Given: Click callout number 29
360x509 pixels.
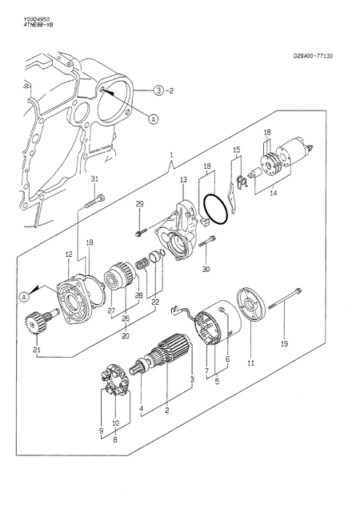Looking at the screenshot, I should tap(139, 205).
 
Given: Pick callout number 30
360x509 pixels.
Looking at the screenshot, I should tap(206, 270).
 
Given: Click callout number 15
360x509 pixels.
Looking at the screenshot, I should tap(236, 150).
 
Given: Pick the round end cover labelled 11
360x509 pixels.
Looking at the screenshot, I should tap(249, 306).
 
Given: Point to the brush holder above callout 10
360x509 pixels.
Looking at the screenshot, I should tap(115, 379).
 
